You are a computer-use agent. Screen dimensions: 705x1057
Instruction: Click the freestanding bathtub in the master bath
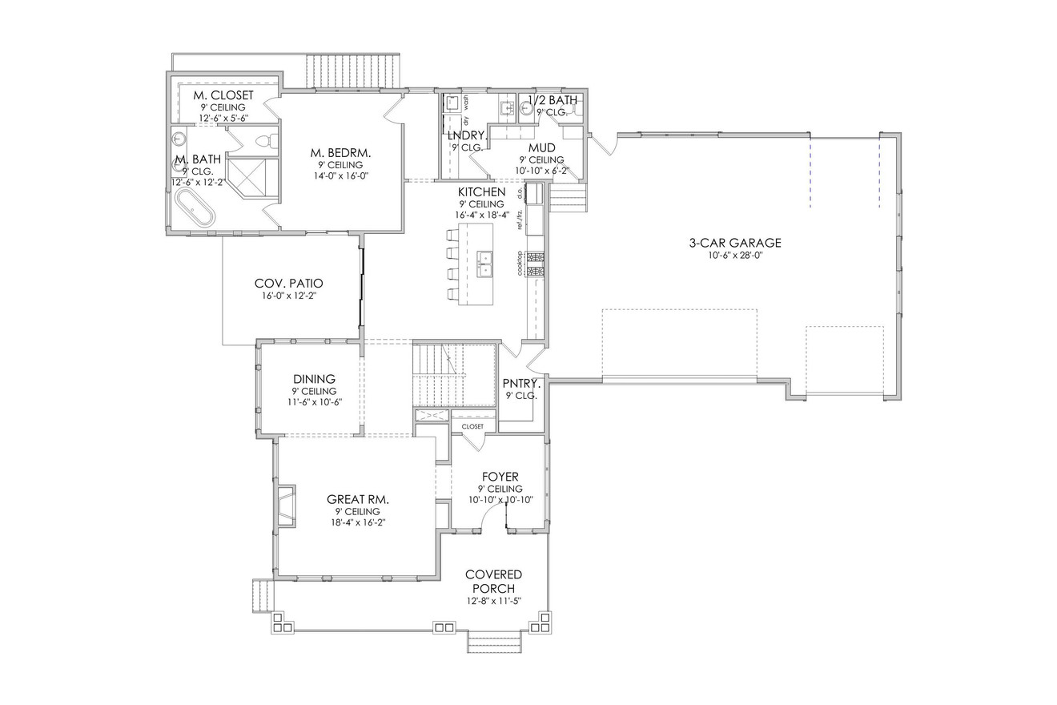[195, 207]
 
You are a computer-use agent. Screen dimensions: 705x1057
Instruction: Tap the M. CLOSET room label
[223, 95]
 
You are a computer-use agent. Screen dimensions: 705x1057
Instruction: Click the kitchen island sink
[484, 263]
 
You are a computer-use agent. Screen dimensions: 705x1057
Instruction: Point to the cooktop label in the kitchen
[520, 264]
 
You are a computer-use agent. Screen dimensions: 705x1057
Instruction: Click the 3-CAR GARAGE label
[735, 243]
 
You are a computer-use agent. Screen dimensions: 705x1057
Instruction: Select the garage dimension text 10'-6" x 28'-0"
[735, 256]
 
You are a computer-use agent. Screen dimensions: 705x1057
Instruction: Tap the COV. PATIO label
[288, 284]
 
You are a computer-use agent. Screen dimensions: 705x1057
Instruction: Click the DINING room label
[314, 379]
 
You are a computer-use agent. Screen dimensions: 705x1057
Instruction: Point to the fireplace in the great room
[286, 506]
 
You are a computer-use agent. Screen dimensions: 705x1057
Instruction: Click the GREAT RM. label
[358, 498]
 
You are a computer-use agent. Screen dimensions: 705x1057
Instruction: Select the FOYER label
[500, 477]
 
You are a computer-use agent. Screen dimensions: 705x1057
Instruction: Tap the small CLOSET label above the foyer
[472, 426]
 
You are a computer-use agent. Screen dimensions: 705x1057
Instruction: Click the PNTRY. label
[521, 383]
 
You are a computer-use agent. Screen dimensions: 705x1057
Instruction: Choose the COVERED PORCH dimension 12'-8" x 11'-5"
[493, 601]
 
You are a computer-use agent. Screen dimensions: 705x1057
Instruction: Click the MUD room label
[542, 148]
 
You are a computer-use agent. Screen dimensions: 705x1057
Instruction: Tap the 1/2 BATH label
[553, 100]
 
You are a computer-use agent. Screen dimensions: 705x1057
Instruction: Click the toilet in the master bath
[263, 143]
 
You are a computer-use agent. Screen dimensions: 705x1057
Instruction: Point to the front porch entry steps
[495, 641]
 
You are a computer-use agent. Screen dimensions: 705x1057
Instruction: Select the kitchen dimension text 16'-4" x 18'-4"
[481, 215]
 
